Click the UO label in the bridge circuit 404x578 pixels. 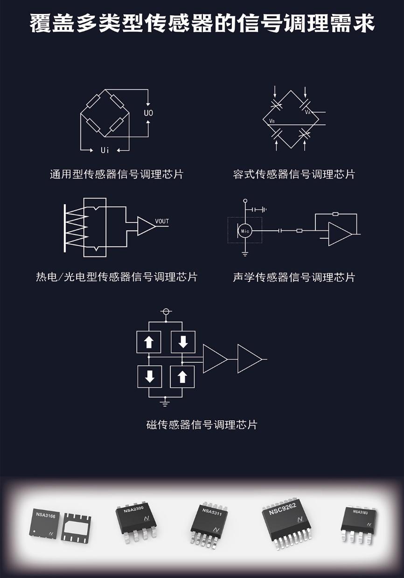tap(148, 113)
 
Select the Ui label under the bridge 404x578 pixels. tap(105, 150)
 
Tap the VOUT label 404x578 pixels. tap(162, 221)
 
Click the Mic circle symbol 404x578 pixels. tap(245, 230)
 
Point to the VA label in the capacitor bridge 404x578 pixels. tap(308, 112)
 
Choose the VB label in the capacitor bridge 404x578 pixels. tap(272, 121)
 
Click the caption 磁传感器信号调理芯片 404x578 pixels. tap(202, 425)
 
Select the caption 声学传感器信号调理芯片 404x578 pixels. tap(294, 277)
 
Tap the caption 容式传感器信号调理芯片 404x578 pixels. tap(294, 174)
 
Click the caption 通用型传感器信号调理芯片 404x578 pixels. tap(117, 174)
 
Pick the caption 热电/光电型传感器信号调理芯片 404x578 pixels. tap(117, 277)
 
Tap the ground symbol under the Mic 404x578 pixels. tap(245, 254)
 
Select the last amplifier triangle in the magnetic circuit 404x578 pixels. tap(249, 359)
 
